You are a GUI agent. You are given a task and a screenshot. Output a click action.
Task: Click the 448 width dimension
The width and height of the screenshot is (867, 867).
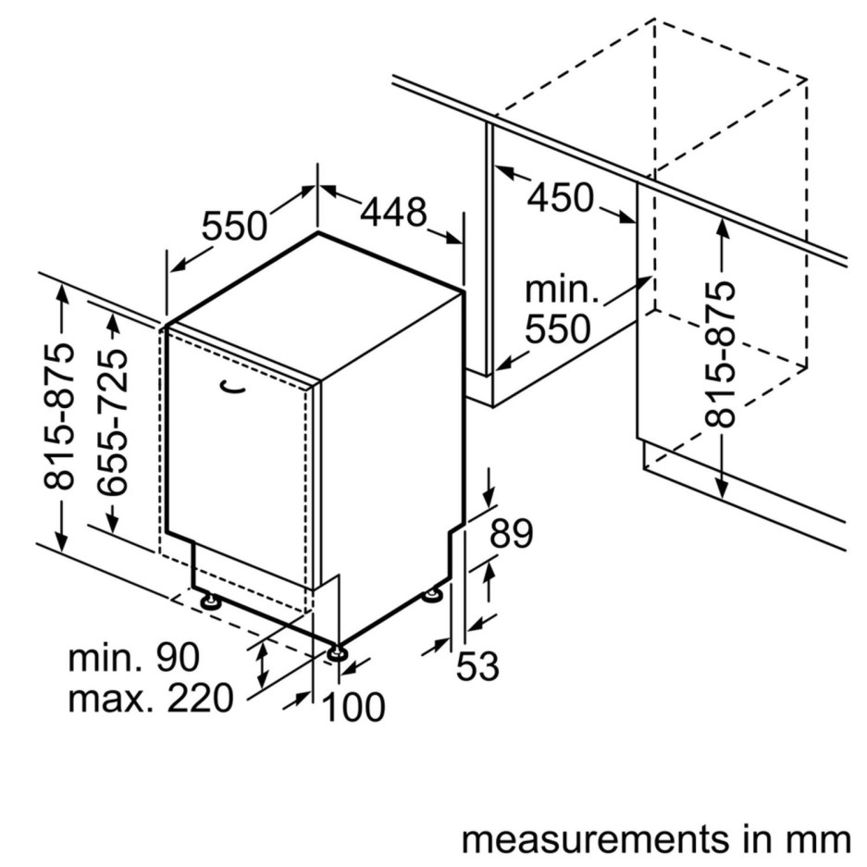click(393, 214)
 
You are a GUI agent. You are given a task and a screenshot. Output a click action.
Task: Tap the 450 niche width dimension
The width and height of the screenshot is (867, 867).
click(561, 197)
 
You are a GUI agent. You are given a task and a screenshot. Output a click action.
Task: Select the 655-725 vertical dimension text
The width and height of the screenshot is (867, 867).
click(114, 423)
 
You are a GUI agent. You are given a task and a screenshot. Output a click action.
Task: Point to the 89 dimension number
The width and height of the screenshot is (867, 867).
click(512, 535)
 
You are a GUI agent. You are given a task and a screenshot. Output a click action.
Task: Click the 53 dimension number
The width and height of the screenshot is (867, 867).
click(477, 665)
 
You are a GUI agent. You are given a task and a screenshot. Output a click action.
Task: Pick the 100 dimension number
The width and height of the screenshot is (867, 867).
click(353, 708)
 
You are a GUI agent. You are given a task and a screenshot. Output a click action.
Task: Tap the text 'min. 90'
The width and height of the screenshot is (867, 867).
click(134, 658)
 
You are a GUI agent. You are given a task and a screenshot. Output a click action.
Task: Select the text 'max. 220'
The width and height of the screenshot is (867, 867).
click(151, 699)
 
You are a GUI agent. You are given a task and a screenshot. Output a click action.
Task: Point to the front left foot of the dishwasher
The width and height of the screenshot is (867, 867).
click(212, 602)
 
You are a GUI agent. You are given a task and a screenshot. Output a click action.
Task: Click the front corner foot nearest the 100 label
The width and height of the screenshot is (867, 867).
click(337, 652)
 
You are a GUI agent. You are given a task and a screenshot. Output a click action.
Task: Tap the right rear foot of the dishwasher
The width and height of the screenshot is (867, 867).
click(432, 596)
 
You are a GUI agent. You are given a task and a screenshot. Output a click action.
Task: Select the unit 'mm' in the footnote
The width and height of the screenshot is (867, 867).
click(821, 840)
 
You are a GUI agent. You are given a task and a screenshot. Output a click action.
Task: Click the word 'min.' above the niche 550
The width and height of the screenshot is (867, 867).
click(562, 291)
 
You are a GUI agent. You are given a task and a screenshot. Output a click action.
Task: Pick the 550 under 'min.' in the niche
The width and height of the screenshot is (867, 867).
click(558, 328)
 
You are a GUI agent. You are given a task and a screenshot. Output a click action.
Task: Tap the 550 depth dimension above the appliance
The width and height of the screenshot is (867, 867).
click(234, 226)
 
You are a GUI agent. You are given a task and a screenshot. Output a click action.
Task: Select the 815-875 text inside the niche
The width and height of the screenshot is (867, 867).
click(722, 353)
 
